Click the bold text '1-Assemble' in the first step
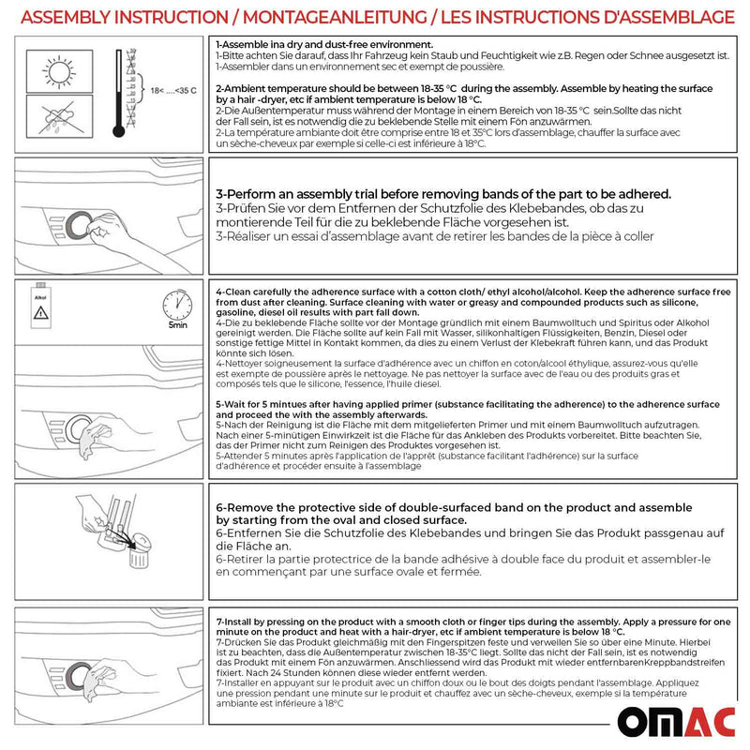[x=245, y=45]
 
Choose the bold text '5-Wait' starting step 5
[x=234, y=402]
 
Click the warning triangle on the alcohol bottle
[x=41, y=319]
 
